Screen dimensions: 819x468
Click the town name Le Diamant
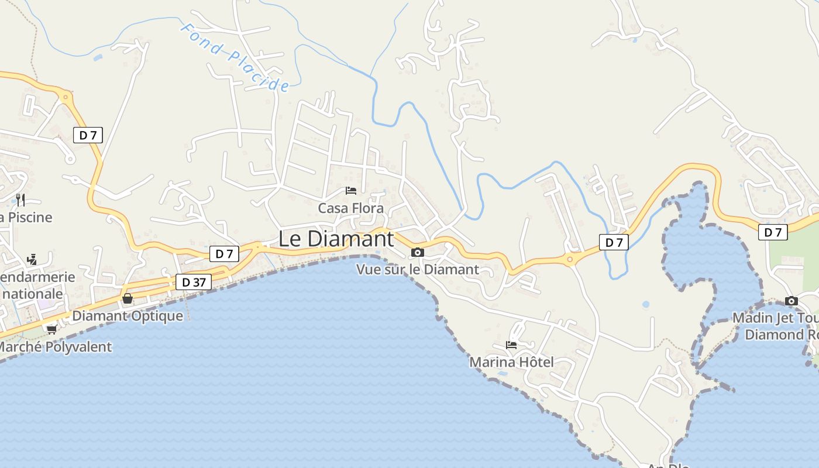pos(335,239)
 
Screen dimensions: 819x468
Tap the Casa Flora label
pos(350,208)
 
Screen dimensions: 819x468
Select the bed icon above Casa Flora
pos(351,191)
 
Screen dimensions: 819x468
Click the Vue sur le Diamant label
pos(418,269)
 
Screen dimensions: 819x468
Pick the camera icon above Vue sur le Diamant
pos(417,253)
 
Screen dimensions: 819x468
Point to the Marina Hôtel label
pos(511,362)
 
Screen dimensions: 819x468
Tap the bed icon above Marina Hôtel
pos(511,345)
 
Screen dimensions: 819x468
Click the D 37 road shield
pos(194,282)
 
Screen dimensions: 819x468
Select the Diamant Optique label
pos(128,316)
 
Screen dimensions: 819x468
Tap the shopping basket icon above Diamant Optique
pos(128,298)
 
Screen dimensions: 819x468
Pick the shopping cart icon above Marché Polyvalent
pos(51,329)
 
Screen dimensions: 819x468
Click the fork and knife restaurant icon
pos(20,200)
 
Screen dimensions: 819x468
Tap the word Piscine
pos(29,217)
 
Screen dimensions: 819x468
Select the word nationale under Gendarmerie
pos(32,293)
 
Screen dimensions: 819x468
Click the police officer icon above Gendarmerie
pos(32,259)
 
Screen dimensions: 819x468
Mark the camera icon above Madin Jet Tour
pos(792,301)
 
